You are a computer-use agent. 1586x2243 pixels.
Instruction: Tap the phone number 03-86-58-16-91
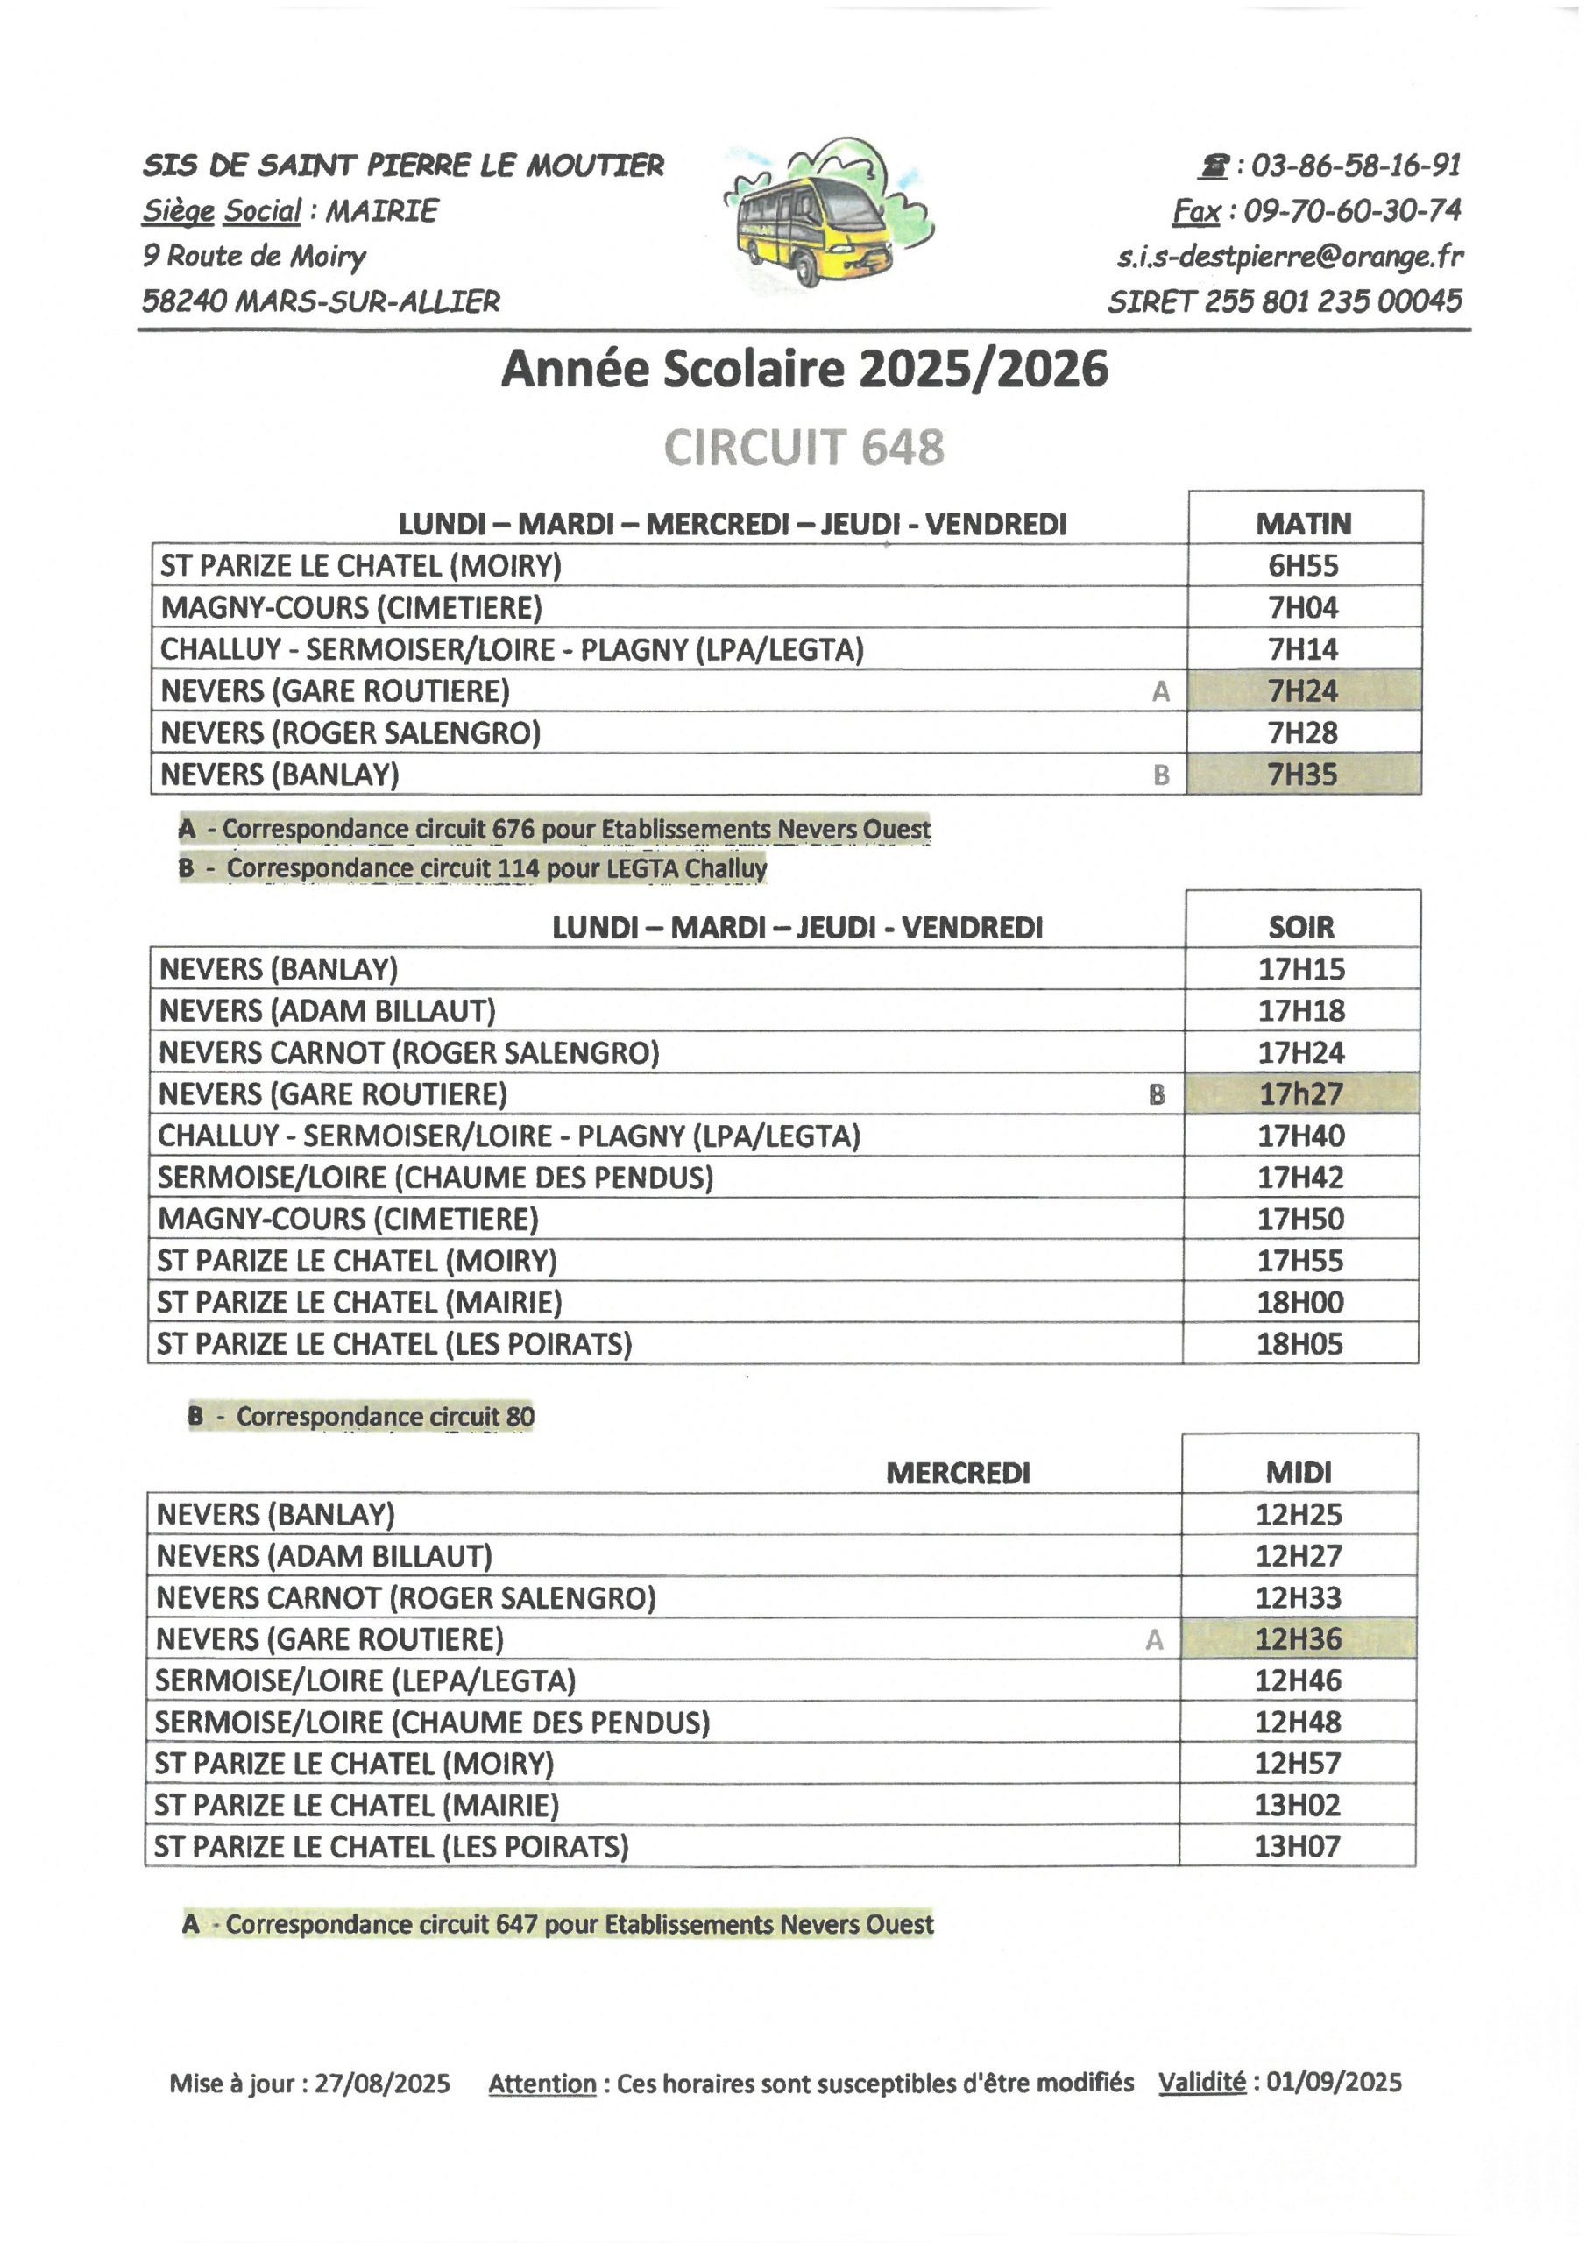[x=1355, y=165]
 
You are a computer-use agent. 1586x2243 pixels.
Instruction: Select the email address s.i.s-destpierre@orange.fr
[x=1290, y=256]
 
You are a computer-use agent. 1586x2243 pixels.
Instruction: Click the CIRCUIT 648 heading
[x=804, y=448]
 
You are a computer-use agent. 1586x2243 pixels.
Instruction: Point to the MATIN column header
[x=1304, y=524]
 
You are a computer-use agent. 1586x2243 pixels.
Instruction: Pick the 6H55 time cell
[x=1304, y=566]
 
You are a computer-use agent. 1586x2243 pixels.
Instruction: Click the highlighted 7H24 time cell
[x=1304, y=690]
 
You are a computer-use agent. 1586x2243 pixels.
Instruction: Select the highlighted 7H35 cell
[x=1304, y=774]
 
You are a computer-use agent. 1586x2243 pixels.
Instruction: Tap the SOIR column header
[x=1300, y=926]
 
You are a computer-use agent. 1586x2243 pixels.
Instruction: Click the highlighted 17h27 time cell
[x=1300, y=1093]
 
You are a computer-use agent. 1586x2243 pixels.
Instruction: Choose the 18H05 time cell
[x=1299, y=1343]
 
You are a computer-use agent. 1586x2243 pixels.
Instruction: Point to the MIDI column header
[x=1299, y=1471]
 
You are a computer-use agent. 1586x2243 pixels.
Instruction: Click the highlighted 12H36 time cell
[x=1299, y=1638]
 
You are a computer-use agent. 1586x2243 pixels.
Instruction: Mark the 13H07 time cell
[x=1298, y=1845]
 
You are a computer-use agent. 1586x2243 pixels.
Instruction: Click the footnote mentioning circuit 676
[x=555, y=829]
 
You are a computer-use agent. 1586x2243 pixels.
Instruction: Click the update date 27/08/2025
[x=382, y=2083]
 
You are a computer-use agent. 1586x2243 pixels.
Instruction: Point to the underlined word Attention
[x=542, y=2083]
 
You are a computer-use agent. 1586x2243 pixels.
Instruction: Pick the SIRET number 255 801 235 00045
[x=1332, y=301]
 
